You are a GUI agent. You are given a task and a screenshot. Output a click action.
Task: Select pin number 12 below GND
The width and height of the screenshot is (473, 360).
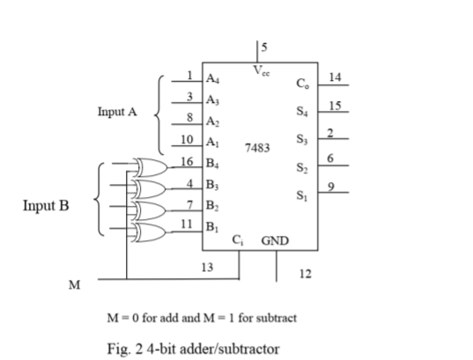click(305, 275)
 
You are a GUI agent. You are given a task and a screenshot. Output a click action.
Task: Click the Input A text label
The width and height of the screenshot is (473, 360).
click(117, 113)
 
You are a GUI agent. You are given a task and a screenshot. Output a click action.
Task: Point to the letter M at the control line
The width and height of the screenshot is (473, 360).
click(75, 286)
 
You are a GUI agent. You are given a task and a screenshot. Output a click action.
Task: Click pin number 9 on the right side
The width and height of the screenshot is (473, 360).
click(330, 187)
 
